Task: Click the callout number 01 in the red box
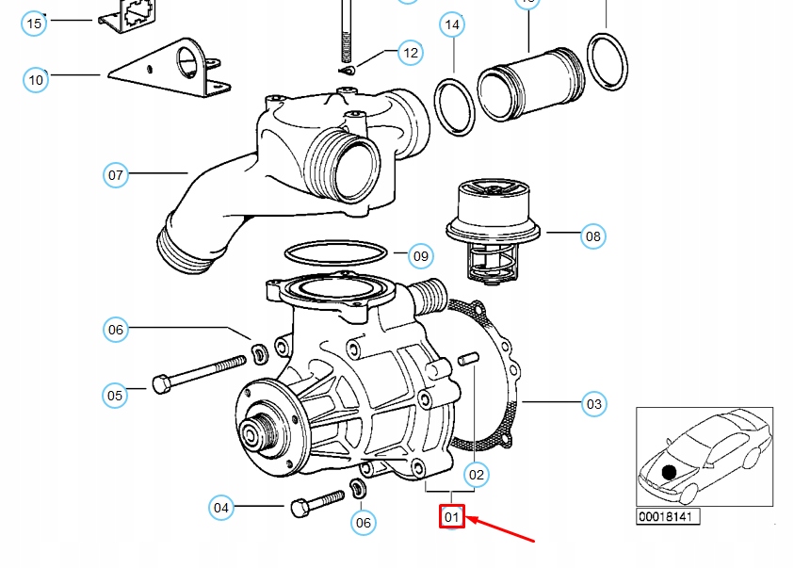(452, 516)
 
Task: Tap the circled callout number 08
(592, 235)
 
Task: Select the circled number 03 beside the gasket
(593, 404)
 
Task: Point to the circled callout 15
(35, 24)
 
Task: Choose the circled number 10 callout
(36, 80)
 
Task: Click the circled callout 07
(116, 174)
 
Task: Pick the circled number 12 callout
(410, 53)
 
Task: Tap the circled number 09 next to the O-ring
(420, 255)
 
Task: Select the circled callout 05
(115, 395)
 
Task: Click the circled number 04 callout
(221, 508)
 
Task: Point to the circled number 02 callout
(477, 475)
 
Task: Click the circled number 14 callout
(453, 24)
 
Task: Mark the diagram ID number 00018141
(668, 516)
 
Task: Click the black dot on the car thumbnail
(669, 472)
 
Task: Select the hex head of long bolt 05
(161, 383)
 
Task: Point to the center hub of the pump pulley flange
(252, 434)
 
